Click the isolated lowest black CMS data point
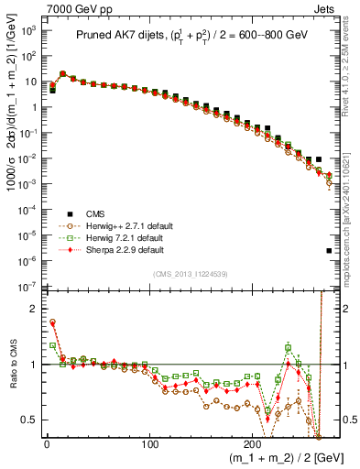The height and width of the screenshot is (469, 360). click(x=329, y=250)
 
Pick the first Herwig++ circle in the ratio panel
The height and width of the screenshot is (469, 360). click(x=52, y=322)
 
